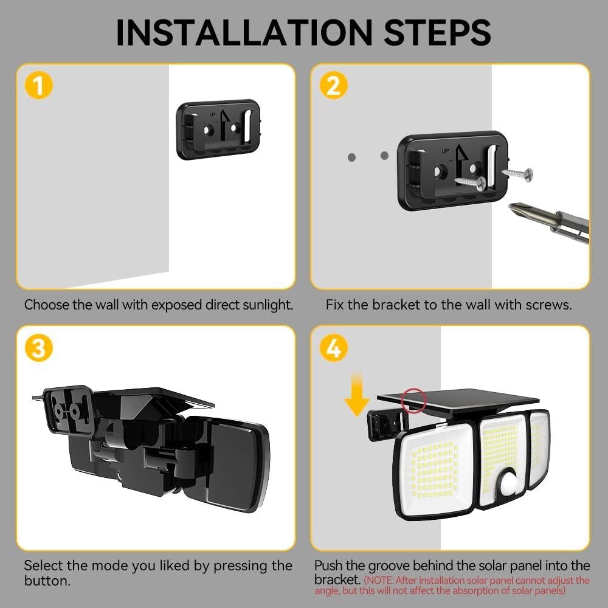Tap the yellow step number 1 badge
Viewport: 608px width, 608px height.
pyautogui.click(x=38, y=86)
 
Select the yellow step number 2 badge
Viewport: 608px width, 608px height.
pyautogui.click(x=333, y=86)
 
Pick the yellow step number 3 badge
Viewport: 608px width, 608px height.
pyautogui.click(x=38, y=348)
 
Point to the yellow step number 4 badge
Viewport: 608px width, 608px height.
pyautogui.click(x=333, y=348)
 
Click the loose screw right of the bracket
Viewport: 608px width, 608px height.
pyautogui.click(x=517, y=175)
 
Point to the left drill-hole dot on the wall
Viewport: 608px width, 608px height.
pyautogui.click(x=351, y=157)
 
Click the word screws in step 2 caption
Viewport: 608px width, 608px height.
pyautogui.click(x=549, y=305)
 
